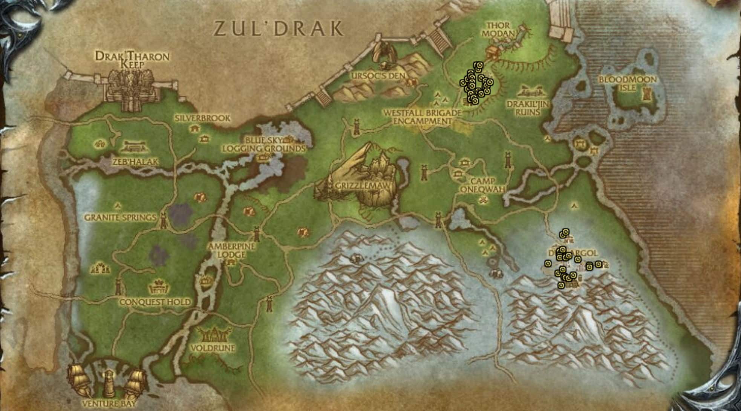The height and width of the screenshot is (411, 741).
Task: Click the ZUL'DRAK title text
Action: (279, 28)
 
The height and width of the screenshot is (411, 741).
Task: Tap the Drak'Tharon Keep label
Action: (132, 60)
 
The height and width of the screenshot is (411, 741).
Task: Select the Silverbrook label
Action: (202, 118)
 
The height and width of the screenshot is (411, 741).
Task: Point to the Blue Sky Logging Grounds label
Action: (264, 144)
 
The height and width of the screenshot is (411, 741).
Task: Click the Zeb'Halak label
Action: (136, 162)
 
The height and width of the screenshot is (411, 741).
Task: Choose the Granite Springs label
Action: (120, 218)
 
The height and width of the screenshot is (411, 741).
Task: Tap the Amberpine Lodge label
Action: (232, 250)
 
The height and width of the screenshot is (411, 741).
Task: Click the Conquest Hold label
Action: (155, 302)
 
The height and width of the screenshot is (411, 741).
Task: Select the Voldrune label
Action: (213, 348)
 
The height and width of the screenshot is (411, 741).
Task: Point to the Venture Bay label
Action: (109, 403)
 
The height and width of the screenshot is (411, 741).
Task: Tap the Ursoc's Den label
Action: (378, 76)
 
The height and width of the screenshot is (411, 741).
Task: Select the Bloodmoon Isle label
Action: (628, 83)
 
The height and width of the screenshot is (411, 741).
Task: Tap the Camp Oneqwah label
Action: (483, 185)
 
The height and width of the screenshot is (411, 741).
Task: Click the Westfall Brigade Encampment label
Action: (422, 117)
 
